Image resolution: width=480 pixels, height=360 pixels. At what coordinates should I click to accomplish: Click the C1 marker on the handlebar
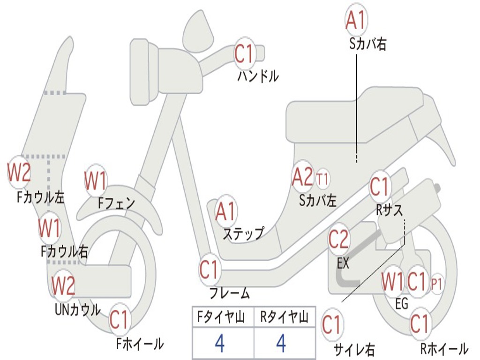pyautogui.click(x=244, y=53)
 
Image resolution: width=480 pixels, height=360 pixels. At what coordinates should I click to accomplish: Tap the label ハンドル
pyautogui.click(x=258, y=75)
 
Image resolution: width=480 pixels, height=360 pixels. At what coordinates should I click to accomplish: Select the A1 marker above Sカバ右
pyautogui.click(x=355, y=20)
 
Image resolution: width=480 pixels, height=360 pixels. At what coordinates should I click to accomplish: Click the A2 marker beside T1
pyautogui.click(x=302, y=177)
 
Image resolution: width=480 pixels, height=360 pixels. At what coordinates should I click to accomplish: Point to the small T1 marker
pyautogui.click(x=322, y=179)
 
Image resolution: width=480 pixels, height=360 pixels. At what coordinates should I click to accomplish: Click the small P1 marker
pyautogui.click(x=437, y=283)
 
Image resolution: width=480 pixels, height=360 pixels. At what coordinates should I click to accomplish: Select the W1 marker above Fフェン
pyautogui.click(x=96, y=180)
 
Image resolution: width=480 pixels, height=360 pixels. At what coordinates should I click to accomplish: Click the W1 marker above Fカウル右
pyautogui.click(x=49, y=228)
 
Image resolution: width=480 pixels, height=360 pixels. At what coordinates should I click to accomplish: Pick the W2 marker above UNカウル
pyautogui.click(x=63, y=285)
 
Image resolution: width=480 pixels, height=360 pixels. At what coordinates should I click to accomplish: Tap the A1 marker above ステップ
pyautogui.click(x=226, y=212)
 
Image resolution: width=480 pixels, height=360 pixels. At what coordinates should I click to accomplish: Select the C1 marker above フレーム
pyautogui.click(x=210, y=270)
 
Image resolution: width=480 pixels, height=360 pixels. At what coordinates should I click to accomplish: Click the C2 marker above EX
pyautogui.click(x=338, y=240)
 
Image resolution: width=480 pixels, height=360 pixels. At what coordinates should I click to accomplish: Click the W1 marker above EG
pyautogui.click(x=392, y=282)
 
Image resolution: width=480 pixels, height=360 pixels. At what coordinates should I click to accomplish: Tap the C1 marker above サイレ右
pyautogui.click(x=332, y=325)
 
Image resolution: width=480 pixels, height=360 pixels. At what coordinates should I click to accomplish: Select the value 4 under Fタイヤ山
pyautogui.click(x=220, y=344)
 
